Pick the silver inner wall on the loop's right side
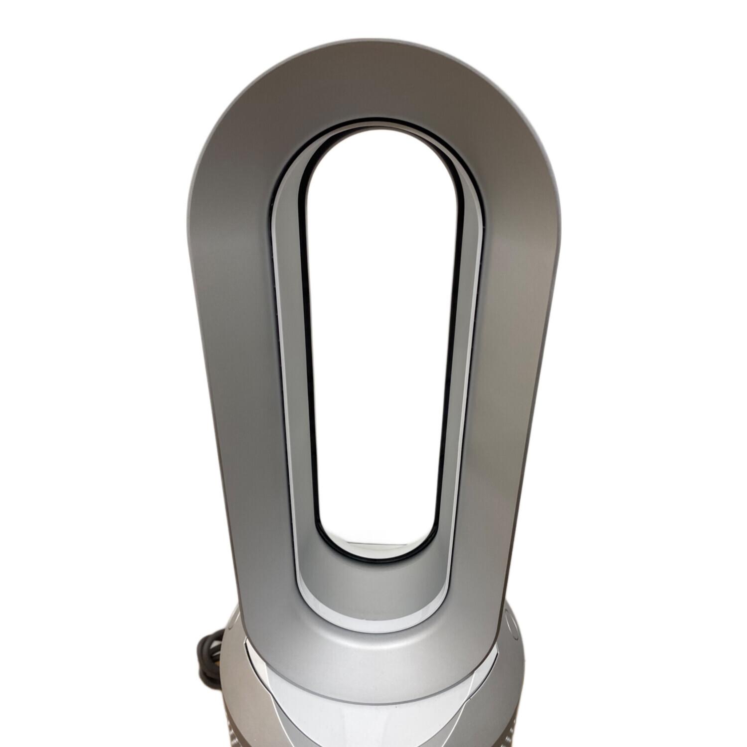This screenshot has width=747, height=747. pyautogui.click(x=466, y=349)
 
